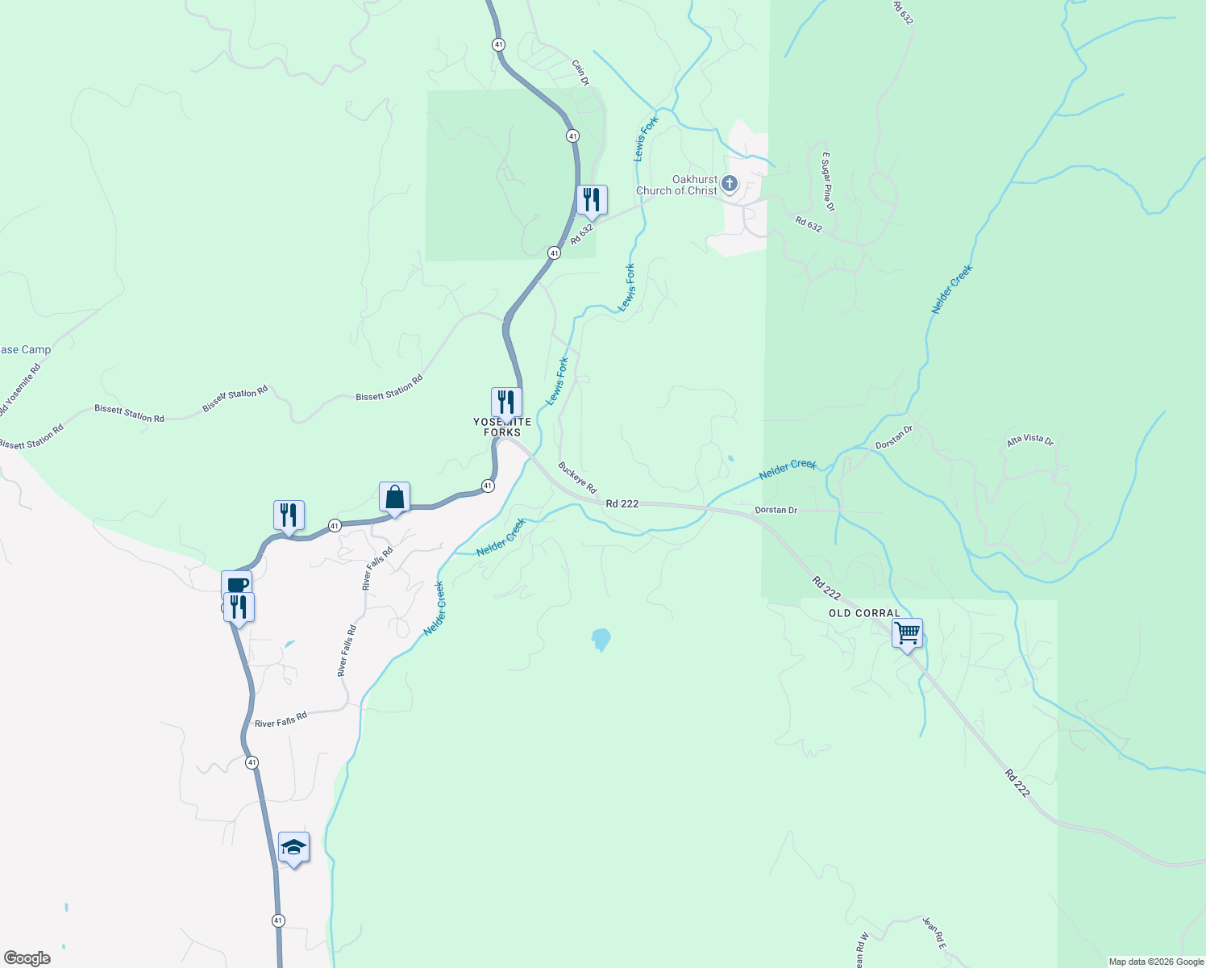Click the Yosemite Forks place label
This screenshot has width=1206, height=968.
(501, 428)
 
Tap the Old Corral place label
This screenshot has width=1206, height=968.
(864, 613)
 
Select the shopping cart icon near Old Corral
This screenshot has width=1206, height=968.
(907, 632)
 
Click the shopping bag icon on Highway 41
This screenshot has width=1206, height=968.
(394, 497)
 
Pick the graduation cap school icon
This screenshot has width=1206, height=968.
(293, 847)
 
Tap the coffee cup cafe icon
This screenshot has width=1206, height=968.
(236, 584)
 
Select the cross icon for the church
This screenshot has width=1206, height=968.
(730, 184)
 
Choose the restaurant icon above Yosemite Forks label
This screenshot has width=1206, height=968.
(506, 401)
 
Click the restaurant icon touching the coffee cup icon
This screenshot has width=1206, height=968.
(239, 607)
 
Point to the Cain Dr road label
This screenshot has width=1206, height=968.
(580, 72)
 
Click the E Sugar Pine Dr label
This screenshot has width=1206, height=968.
(828, 181)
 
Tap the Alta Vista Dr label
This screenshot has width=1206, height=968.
(1029, 440)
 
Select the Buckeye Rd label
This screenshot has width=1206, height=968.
(577, 478)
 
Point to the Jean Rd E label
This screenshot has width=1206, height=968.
(934, 933)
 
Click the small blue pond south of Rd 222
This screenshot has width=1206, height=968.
(601, 640)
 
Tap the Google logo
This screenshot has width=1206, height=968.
(27, 958)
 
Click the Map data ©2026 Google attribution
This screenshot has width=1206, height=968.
(1156, 962)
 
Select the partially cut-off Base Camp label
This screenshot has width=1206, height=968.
(25, 350)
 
